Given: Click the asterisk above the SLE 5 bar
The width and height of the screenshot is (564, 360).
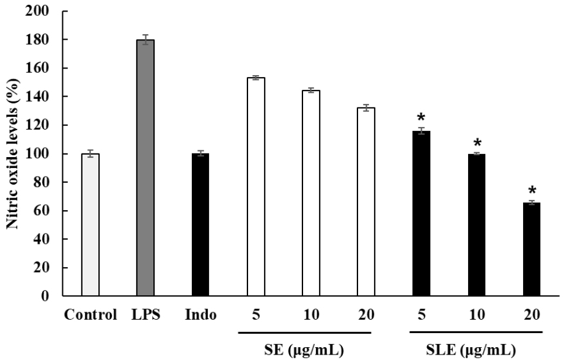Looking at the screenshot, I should point(422,117).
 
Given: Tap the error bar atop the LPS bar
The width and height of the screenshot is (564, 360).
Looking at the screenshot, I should point(145,40).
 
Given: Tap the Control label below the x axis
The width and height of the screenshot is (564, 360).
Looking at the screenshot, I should point(90,316).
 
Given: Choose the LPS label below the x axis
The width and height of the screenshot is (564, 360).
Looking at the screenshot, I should point(145,316).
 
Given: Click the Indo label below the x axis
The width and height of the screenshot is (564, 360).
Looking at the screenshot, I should point(200,316).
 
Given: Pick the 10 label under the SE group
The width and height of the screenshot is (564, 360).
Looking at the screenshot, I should point(310,316).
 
